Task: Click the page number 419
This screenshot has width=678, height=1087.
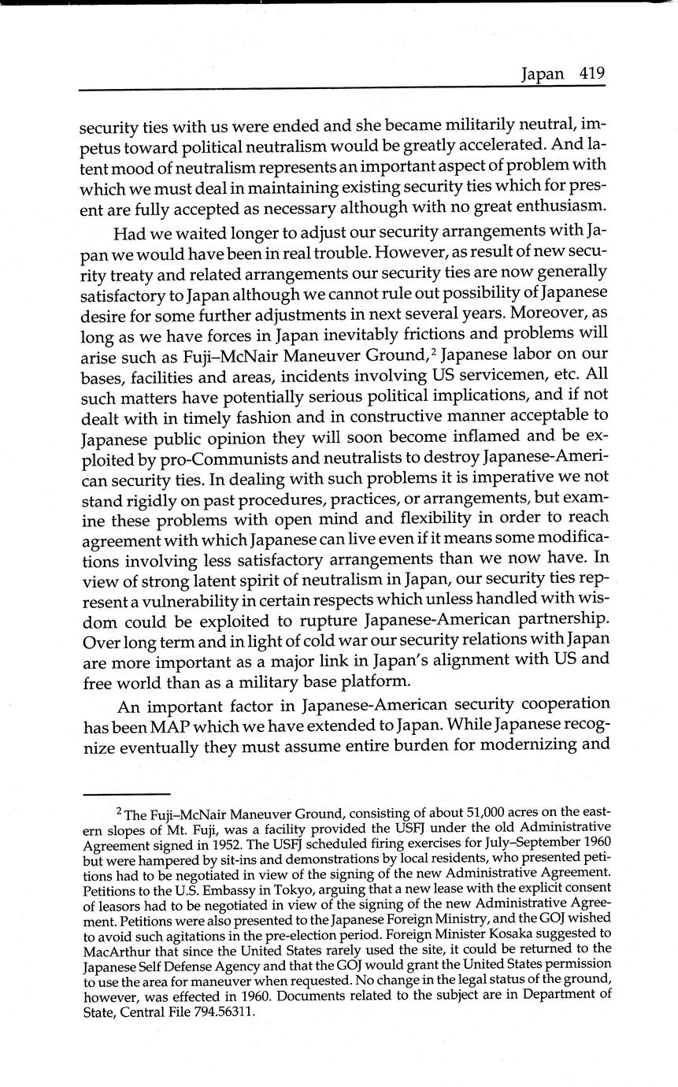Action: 591,74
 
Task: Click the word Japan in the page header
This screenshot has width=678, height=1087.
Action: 543,75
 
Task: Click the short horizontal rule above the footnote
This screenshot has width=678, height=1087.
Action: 126,793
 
